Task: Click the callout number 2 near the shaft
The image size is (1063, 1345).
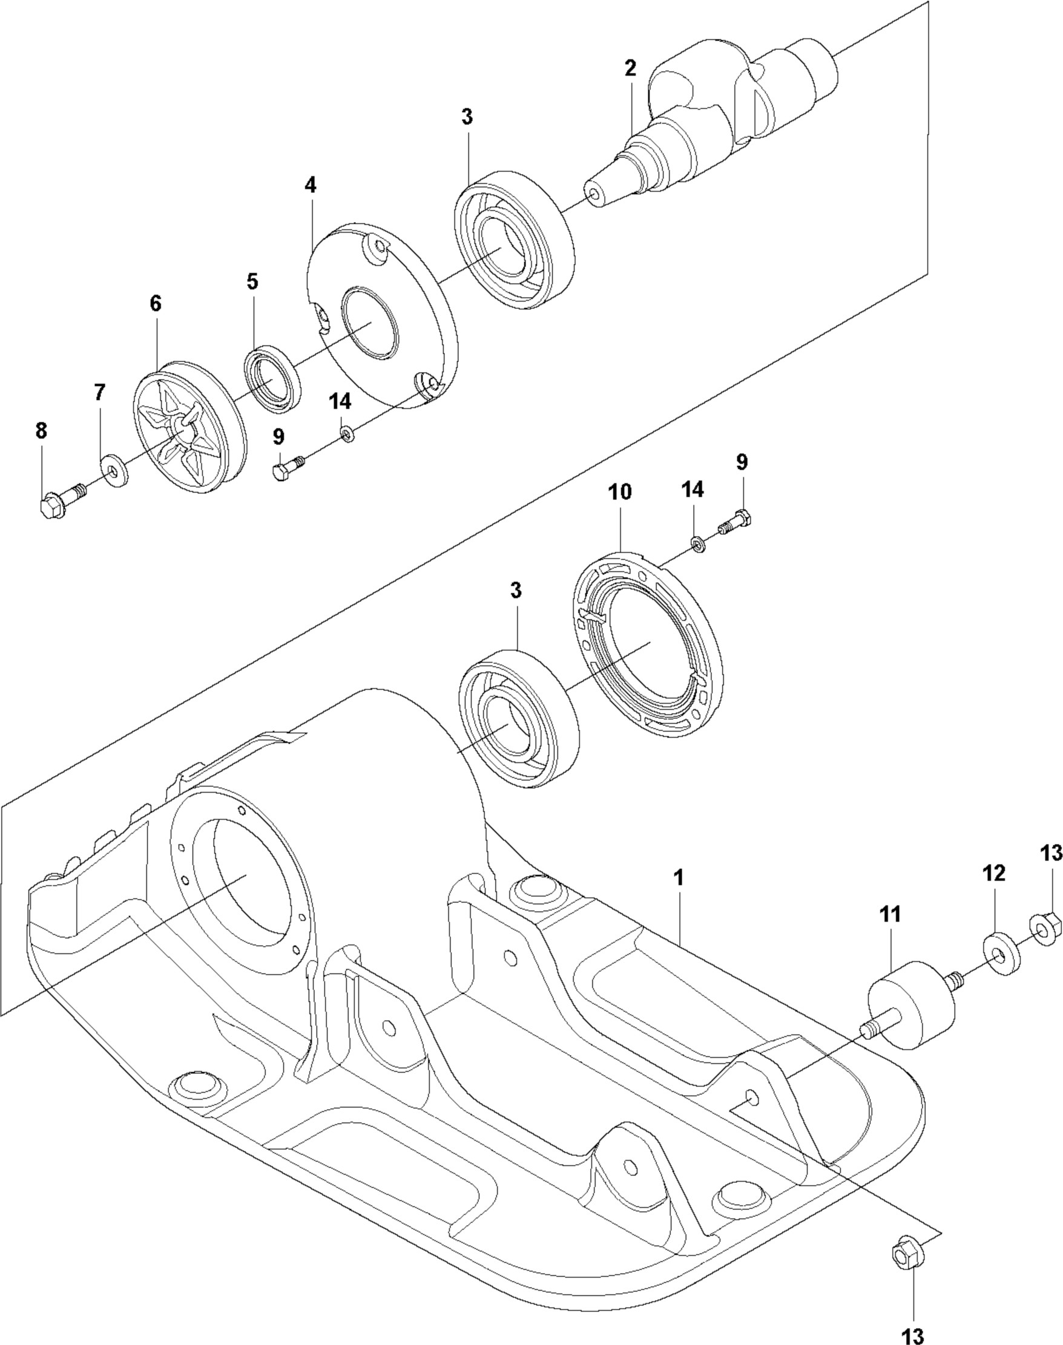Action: point(630,69)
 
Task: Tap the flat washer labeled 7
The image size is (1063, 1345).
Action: point(114,470)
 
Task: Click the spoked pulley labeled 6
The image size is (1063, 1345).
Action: point(187,426)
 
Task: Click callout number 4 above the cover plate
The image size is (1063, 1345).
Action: point(310,185)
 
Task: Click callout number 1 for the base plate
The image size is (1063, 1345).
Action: point(679,878)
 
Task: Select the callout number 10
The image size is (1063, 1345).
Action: point(619,492)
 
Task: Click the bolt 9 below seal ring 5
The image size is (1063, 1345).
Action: point(287,468)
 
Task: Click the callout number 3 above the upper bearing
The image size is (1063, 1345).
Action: point(467,117)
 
